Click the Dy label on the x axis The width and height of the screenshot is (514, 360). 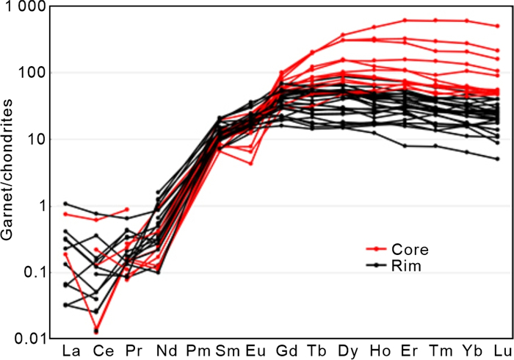(x=344, y=348)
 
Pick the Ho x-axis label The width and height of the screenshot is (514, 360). (x=374, y=348)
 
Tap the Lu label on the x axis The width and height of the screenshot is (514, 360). (x=498, y=348)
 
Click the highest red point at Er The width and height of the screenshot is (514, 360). (x=405, y=21)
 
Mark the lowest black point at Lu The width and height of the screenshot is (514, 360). (x=498, y=159)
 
